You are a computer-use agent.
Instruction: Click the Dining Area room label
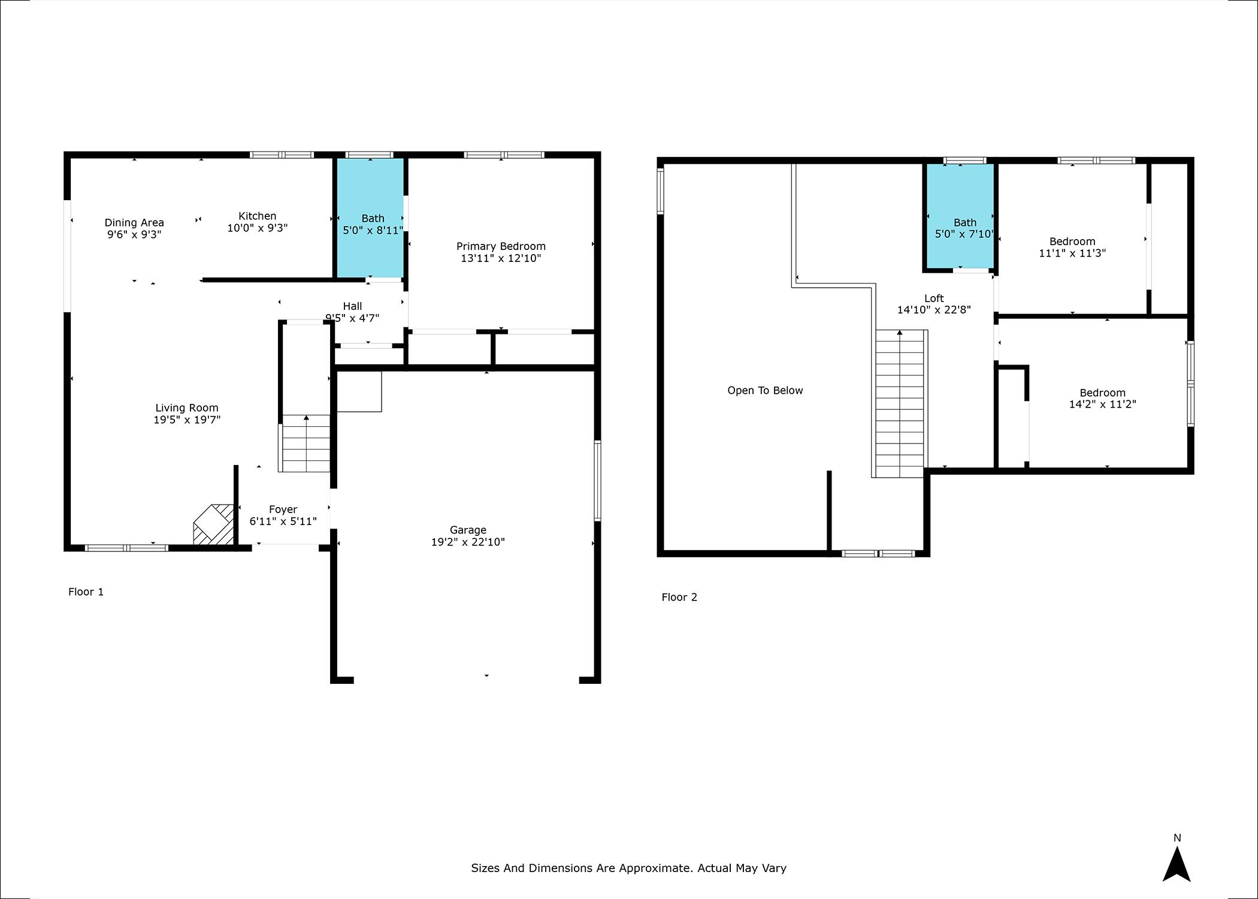(134, 223)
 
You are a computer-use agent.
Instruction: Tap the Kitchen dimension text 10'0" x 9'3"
(258, 228)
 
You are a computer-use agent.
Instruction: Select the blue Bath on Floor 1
(370, 218)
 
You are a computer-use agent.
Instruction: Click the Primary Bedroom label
(501, 246)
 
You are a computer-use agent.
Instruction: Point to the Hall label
(352, 306)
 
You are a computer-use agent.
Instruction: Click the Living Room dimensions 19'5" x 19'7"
(187, 420)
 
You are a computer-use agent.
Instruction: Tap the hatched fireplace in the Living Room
(213, 524)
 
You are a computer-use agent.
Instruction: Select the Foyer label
(283, 509)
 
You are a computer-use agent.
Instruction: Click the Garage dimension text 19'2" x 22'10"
(468, 542)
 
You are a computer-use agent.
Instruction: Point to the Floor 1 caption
(86, 592)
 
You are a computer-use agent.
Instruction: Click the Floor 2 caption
(679, 597)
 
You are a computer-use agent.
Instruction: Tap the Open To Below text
(765, 391)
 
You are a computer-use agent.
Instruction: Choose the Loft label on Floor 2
(934, 298)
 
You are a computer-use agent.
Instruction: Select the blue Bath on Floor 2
(961, 216)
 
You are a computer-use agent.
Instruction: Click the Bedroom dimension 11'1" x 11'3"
(1072, 253)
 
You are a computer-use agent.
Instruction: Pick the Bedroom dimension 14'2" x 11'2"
(1102, 404)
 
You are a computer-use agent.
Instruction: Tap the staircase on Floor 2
(900, 403)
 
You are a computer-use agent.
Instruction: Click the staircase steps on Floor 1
(306, 444)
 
